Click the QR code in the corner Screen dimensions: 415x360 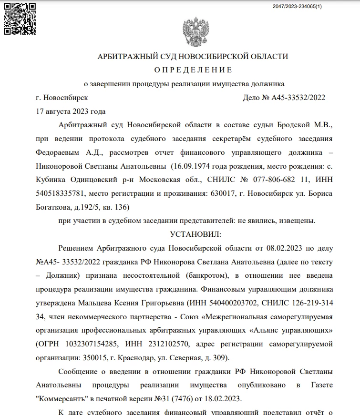[x=20, y=19]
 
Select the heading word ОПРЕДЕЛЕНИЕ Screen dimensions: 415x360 [x=193, y=70]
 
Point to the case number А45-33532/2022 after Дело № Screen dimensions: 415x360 [x=298, y=98]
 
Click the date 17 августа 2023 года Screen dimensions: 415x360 [x=71, y=111]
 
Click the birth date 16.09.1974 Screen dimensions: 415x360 [x=193, y=166]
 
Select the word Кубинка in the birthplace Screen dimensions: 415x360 [x=51, y=180]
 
